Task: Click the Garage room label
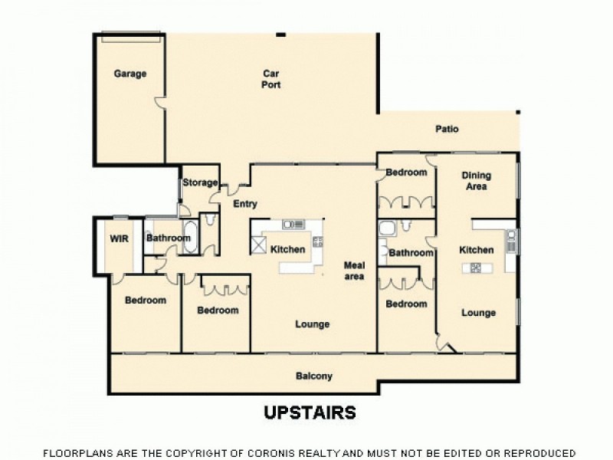point(130,74)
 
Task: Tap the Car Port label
point(270,79)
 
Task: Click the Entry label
point(244,204)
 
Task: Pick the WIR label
point(119,238)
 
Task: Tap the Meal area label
point(354,270)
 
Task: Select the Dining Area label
point(475,180)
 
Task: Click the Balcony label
point(314,376)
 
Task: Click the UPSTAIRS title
point(310,412)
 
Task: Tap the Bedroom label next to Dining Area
point(405,172)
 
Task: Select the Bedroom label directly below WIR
point(146,300)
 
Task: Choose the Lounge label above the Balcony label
point(312,324)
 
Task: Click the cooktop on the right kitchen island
point(475,268)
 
